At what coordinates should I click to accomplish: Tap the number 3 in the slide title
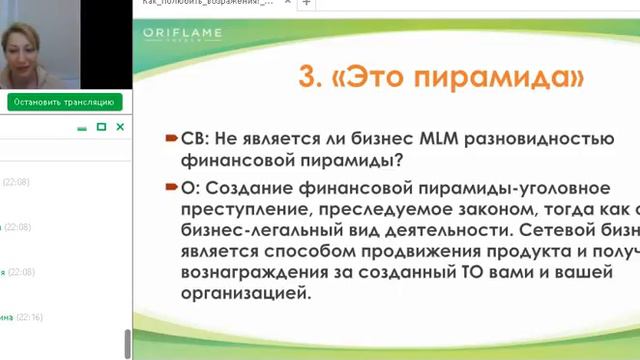[309, 77]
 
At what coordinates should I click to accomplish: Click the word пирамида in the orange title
[500, 77]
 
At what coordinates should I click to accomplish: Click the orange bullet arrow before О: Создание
[172, 188]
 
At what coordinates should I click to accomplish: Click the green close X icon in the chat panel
[120, 127]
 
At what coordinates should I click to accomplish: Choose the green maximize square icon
[101, 127]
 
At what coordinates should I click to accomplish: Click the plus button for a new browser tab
[307, 3]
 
